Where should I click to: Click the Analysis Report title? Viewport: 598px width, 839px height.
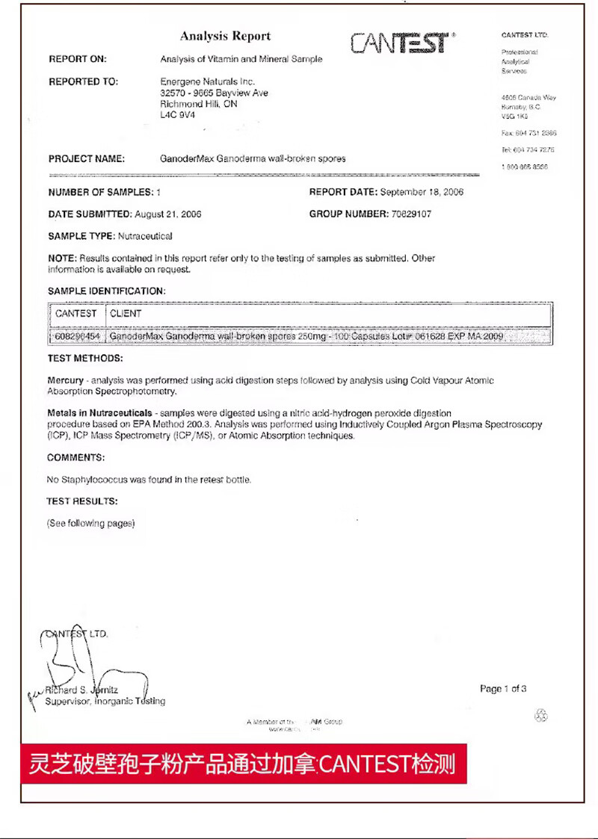click(225, 36)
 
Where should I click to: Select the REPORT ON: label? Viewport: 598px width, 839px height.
click(78, 59)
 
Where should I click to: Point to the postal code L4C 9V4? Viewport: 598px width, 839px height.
click(177, 116)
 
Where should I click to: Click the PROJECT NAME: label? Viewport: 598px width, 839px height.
click(87, 158)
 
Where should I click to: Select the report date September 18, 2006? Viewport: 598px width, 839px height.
click(422, 192)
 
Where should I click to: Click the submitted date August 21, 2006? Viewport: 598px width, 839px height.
click(167, 214)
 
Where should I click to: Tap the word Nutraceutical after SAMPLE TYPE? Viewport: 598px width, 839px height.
click(145, 236)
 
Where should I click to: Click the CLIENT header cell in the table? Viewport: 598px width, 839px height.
click(126, 314)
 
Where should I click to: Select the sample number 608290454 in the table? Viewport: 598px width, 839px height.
click(77, 337)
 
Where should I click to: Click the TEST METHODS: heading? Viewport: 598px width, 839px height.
click(85, 359)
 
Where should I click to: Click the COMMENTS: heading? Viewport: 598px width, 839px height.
click(76, 457)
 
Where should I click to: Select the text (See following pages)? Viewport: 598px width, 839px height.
click(90, 524)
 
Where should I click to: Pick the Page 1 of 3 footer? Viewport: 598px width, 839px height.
click(503, 689)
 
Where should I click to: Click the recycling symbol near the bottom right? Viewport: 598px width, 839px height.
click(541, 716)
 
